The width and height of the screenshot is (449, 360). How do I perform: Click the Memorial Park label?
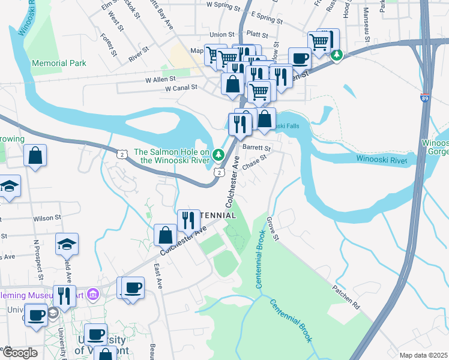point(59,63)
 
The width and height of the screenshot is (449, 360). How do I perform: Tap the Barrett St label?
point(257,148)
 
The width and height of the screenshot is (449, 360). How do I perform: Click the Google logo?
point(20,353)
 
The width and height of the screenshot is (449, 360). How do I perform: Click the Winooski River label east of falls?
point(382,160)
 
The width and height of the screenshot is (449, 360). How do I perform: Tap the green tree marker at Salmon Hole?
point(220,154)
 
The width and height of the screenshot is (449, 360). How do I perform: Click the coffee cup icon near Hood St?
point(300,59)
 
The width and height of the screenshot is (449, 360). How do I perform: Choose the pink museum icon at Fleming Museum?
point(93,294)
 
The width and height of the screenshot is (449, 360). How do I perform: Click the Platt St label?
point(256,35)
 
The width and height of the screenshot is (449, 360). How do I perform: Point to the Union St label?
point(222,35)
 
